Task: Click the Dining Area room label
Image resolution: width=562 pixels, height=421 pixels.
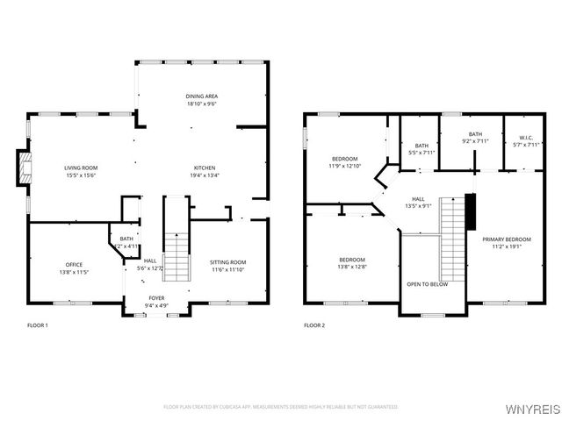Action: click(x=201, y=99)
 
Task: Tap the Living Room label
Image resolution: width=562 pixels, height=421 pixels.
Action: click(x=80, y=171)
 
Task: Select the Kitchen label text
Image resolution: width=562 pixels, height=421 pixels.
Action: click(x=205, y=171)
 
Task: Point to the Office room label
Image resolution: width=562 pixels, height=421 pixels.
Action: click(x=74, y=268)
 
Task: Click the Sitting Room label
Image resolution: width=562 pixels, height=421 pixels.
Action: click(x=227, y=266)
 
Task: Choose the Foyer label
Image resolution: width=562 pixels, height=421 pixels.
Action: click(x=156, y=302)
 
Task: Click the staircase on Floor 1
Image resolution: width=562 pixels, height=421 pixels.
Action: click(x=177, y=254)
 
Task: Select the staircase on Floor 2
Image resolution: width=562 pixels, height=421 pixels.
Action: click(x=452, y=237)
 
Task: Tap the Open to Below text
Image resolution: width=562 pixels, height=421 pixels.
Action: click(x=427, y=284)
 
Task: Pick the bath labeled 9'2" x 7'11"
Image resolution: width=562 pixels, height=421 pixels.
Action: click(x=475, y=138)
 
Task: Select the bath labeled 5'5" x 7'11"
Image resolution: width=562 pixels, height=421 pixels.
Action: click(x=421, y=149)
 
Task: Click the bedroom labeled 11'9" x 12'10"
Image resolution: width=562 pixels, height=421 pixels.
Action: click(x=344, y=161)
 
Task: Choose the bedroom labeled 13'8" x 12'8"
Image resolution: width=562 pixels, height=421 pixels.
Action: click(x=353, y=263)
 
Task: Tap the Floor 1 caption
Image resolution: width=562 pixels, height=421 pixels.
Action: click(x=38, y=325)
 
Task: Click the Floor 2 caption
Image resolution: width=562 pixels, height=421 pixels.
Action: click(x=314, y=325)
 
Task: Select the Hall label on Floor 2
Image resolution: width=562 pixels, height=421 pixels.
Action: click(x=418, y=203)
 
